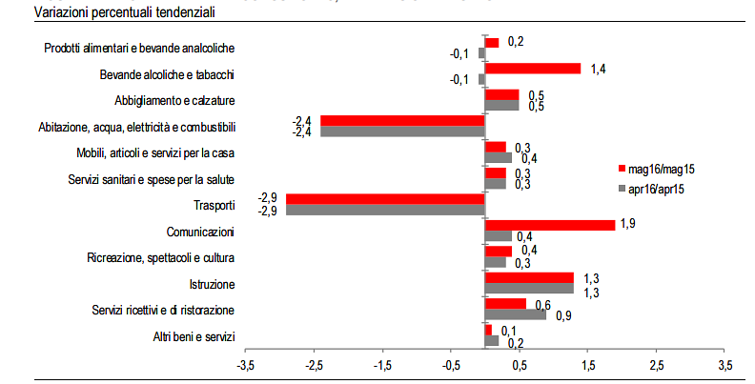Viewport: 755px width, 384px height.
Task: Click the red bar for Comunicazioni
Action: (x=550, y=225)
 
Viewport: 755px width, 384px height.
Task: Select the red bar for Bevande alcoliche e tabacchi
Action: (x=533, y=69)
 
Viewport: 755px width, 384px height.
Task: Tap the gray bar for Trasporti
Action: (x=386, y=210)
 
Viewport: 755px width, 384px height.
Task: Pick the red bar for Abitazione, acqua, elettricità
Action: (x=403, y=121)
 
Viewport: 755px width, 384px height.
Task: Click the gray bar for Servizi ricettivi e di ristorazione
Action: (x=516, y=313)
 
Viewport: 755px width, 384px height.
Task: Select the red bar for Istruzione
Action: (x=529, y=277)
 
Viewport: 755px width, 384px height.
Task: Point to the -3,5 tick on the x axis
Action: (x=245, y=366)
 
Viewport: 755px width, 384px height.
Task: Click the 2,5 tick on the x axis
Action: (x=656, y=366)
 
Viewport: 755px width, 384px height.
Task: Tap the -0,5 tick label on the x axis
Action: (x=450, y=366)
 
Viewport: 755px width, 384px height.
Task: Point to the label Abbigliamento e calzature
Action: (x=174, y=100)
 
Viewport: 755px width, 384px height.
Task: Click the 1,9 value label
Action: (x=629, y=223)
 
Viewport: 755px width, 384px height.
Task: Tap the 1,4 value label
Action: (x=599, y=69)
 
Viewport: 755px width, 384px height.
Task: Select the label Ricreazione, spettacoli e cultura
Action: (x=160, y=257)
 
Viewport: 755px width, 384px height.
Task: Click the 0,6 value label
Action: (x=542, y=304)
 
